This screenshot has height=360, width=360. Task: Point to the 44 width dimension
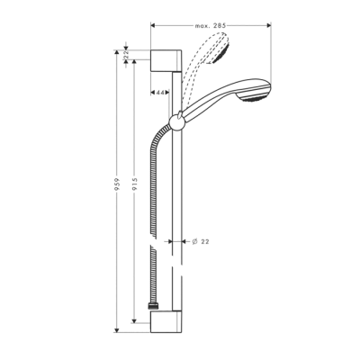pos(160,93)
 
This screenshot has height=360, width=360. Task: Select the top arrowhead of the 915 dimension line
pos(135,65)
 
